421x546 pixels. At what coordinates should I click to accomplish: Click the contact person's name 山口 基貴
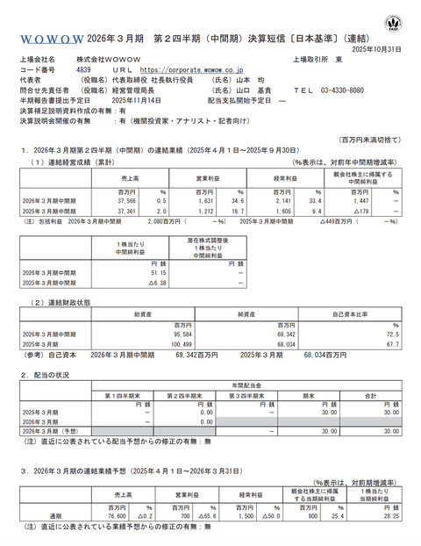click(x=249, y=90)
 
